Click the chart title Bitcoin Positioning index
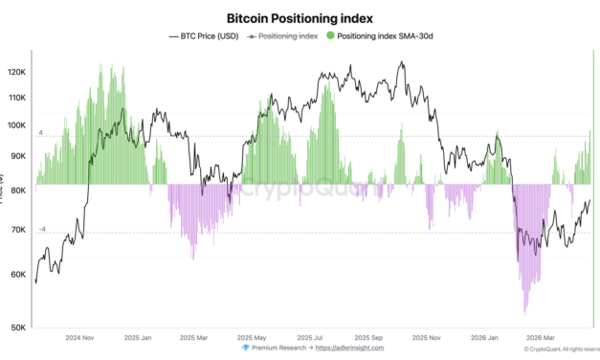[x=299, y=17]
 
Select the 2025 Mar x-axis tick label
[x=195, y=338]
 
